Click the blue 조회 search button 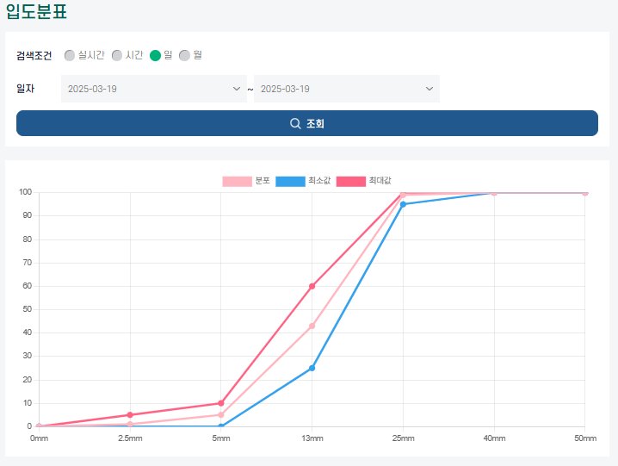click(x=307, y=123)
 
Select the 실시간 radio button click(x=70, y=55)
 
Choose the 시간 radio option click(x=117, y=55)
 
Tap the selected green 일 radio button click(x=155, y=55)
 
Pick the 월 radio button click(x=184, y=55)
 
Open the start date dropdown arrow click(x=237, y=89)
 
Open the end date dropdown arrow click(x=430, y=89)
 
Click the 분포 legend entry click(x=246, y=181)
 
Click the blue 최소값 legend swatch click(x=290, y=181)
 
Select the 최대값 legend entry click(x=364, y=181)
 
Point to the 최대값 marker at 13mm click(x=312, y=286)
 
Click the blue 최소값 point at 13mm click(x=312, y=368)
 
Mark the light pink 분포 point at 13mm click(x=312, y=326)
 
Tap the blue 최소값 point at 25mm click(x=403, y=204)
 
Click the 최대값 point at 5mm click(x=220, y=403)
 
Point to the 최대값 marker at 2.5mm click(x=130, y=414)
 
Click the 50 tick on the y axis click(x=28, y=309)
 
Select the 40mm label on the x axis click(x=494, y=438)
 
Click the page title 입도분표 click(x=36, y=10)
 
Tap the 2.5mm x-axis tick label click(x=130, y=438)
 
